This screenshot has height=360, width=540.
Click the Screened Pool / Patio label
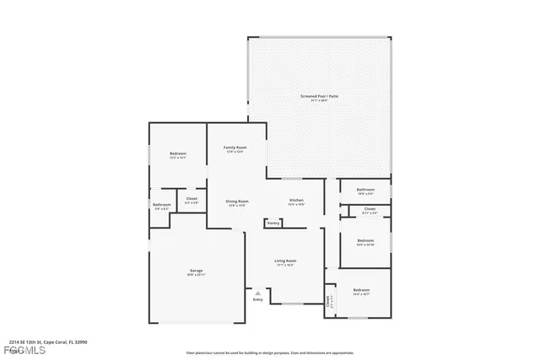point(319,96)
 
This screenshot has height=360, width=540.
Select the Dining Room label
point(236,201)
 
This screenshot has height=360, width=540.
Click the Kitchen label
point(296,200)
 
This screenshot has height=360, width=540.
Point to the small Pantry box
point(273,223)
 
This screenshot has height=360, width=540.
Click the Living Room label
point(284,261)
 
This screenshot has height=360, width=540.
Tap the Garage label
point(196,271)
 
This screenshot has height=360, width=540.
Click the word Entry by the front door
point(258,300)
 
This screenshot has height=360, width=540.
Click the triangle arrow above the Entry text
point(258,293)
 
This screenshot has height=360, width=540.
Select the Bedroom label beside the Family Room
point(177,153)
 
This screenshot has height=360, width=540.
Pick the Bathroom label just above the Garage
point(161,205)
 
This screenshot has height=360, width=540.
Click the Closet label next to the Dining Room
point(192,200)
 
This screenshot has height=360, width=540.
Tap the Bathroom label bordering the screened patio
point(365,190)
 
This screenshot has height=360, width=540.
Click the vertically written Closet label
point(328,301)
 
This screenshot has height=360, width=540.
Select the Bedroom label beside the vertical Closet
point(361,290)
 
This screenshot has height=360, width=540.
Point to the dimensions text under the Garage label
point(196,276)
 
